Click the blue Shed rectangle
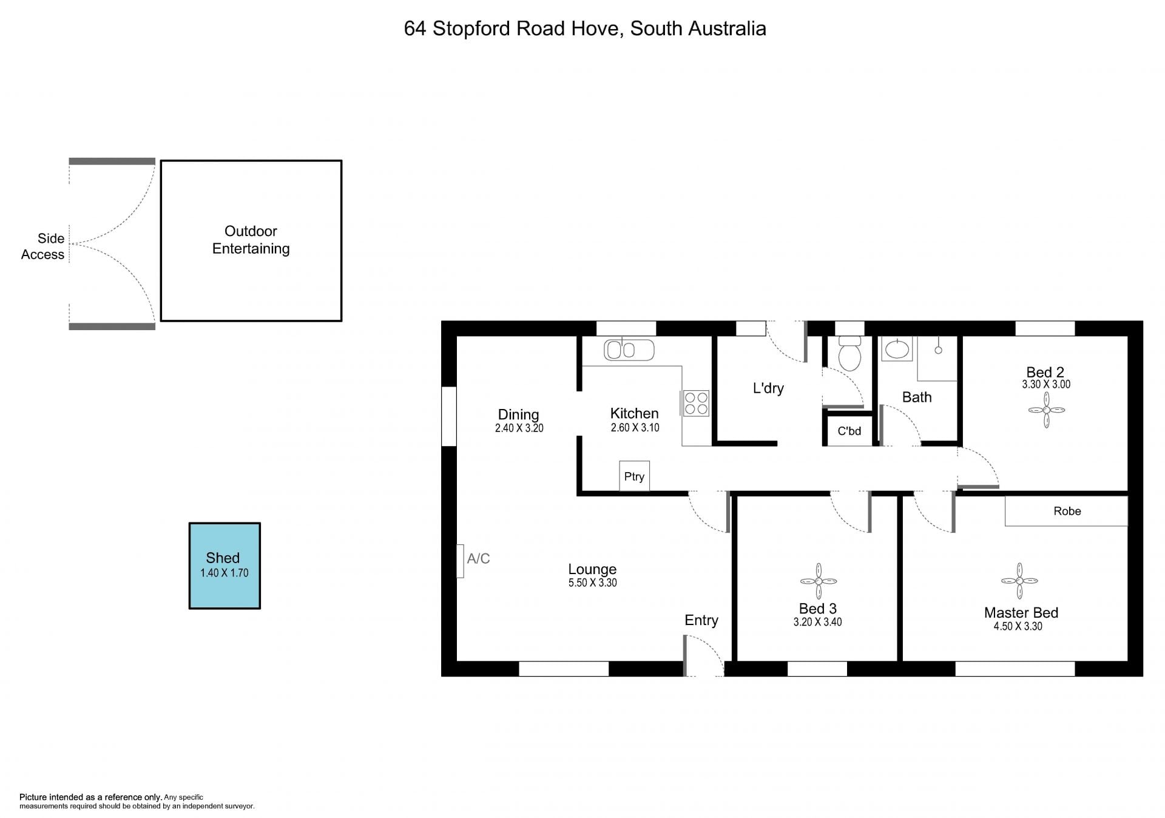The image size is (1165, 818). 225,566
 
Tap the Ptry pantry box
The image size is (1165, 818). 634,476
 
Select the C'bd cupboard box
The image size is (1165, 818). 849,431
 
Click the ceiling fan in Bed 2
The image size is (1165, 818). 1047,410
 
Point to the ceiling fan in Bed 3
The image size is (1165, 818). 819,581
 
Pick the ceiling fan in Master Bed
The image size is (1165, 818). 1019,581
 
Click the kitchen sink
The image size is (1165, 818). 629,350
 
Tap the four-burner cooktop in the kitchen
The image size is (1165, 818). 696,404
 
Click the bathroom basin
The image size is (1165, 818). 897,350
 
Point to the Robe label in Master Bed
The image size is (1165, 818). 1067,511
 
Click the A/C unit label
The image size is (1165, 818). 478,558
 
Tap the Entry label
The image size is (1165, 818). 701,620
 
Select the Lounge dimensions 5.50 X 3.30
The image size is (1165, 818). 592,583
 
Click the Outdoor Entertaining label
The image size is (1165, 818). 251,240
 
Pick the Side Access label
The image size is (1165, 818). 42,246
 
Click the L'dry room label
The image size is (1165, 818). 768,388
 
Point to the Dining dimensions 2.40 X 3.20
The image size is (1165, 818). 519,428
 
